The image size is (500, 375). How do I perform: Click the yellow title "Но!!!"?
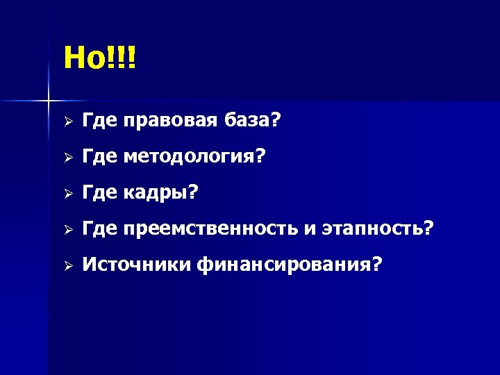(101, 58)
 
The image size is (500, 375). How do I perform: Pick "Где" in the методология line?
(100, 158)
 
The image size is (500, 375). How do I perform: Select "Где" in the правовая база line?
(100, 122)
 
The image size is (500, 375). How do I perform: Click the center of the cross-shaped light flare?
(49, 102)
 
